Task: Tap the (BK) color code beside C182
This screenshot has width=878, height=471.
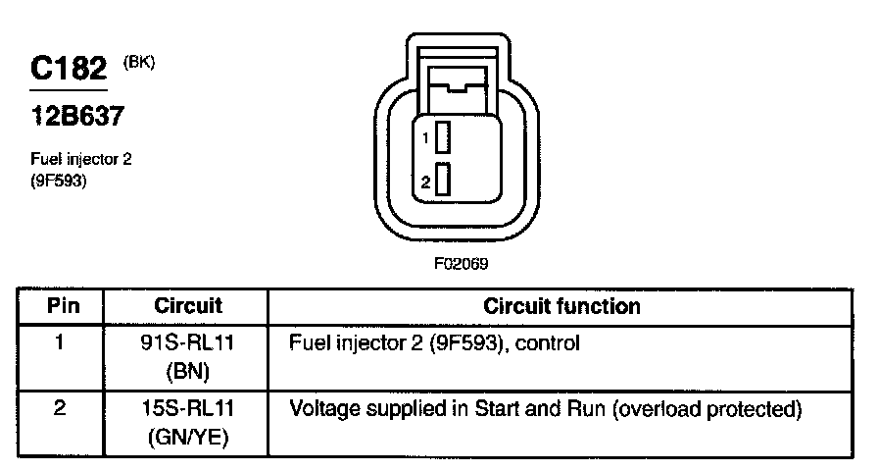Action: (x=138, y=62)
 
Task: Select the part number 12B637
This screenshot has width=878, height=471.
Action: (x=76, y=117)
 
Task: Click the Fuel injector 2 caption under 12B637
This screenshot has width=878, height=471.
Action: (x=81, y=160)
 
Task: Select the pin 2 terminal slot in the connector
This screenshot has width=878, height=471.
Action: (x=443, y=181)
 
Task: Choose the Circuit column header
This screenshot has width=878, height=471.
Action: (x=188, y=306)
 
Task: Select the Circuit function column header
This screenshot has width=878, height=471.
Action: (x=562, y=306)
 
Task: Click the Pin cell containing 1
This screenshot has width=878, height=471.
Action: (x=61, y=344)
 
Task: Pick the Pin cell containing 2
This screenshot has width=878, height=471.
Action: (x=61, y=408)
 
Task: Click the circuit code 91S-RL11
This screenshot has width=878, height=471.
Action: (x=189, y=344)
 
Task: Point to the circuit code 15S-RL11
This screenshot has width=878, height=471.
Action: (x=189, y=408)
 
